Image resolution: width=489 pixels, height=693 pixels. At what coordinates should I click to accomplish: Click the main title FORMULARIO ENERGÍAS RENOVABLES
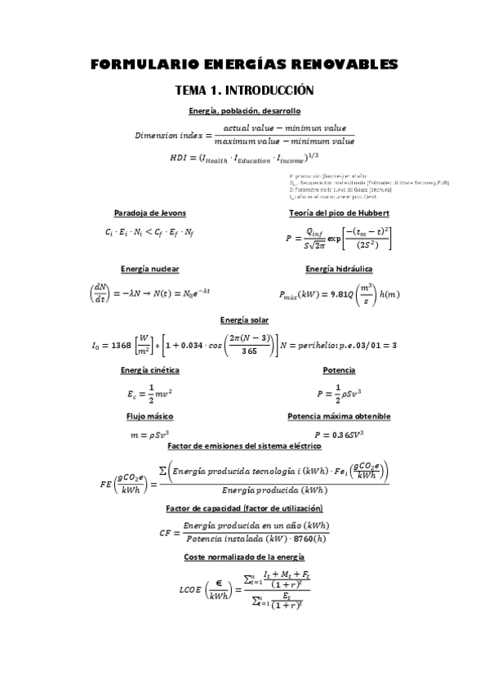tap(244, 64)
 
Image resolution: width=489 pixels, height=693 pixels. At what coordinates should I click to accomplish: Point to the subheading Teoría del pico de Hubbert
tap(339, 212)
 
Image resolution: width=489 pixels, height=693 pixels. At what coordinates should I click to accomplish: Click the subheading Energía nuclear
tap(149, 268)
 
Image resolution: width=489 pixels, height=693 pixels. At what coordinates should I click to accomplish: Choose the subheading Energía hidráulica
tap(339, 268)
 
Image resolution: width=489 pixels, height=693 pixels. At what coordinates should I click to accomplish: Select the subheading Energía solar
tap(244, 320)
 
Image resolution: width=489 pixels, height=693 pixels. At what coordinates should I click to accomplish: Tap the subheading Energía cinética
tap(149, 370)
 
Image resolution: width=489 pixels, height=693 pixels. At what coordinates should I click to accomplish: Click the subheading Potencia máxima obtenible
tap(339, 416)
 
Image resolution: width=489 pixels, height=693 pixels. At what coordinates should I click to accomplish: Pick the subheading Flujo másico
tap(149, 416)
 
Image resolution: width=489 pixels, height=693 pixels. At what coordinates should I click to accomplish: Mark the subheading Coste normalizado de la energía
tap(244, 556)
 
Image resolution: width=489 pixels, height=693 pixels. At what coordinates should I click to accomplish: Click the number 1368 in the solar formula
tap(118, 345)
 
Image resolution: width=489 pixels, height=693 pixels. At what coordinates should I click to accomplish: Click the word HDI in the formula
tap(178, 157)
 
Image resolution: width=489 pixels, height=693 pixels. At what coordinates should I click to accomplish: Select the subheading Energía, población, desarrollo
tap(244, 110)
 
